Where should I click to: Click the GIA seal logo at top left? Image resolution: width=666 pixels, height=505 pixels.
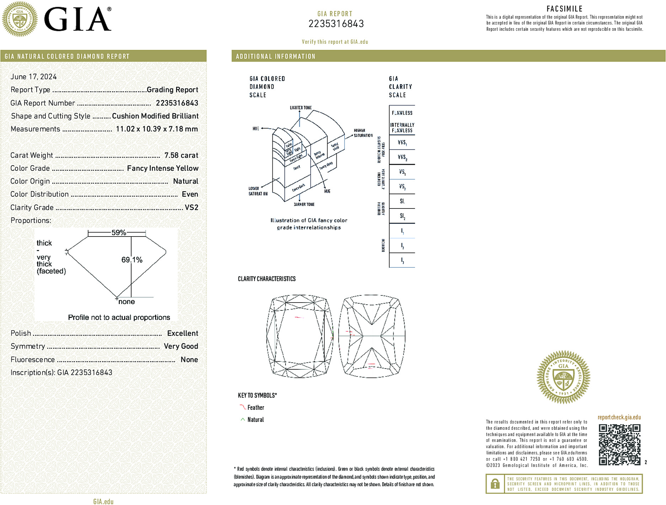click(20, 19)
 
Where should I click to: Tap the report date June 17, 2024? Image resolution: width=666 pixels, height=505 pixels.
click(33, 77)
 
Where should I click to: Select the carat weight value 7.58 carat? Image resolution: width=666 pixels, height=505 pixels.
click(181, 155)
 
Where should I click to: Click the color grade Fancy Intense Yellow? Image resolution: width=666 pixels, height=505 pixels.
click(162, 168)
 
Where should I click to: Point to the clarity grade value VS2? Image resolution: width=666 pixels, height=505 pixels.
click(191, 207)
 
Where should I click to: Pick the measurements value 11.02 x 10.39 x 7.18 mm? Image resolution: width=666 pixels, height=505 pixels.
click(157, 129)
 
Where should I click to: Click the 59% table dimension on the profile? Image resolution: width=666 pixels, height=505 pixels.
click(118, 233)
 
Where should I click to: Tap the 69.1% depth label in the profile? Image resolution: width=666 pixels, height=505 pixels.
click(132, 260)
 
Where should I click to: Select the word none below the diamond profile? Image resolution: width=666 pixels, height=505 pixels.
click(126, 302)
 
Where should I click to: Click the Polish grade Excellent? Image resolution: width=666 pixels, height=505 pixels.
click(182, 333)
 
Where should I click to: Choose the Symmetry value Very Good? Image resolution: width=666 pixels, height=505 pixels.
click(181, 346)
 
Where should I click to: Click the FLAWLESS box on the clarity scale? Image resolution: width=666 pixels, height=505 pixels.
click(402, 113)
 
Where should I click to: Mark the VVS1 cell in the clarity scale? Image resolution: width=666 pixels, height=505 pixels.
click(402, 142)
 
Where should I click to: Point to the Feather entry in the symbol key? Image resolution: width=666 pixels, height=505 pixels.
click(255, 408)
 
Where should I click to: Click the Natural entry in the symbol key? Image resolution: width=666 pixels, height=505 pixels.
click(255, 420)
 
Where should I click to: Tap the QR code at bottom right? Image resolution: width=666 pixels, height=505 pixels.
click(619, 444)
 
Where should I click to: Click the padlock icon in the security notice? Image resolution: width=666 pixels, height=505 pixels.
click(495, 484)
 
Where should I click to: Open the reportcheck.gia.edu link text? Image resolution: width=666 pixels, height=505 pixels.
click(619, 417)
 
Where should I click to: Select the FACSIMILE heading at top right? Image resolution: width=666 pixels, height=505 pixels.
click(564, 9)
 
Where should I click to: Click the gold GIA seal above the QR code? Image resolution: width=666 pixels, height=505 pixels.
click(563, 377)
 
